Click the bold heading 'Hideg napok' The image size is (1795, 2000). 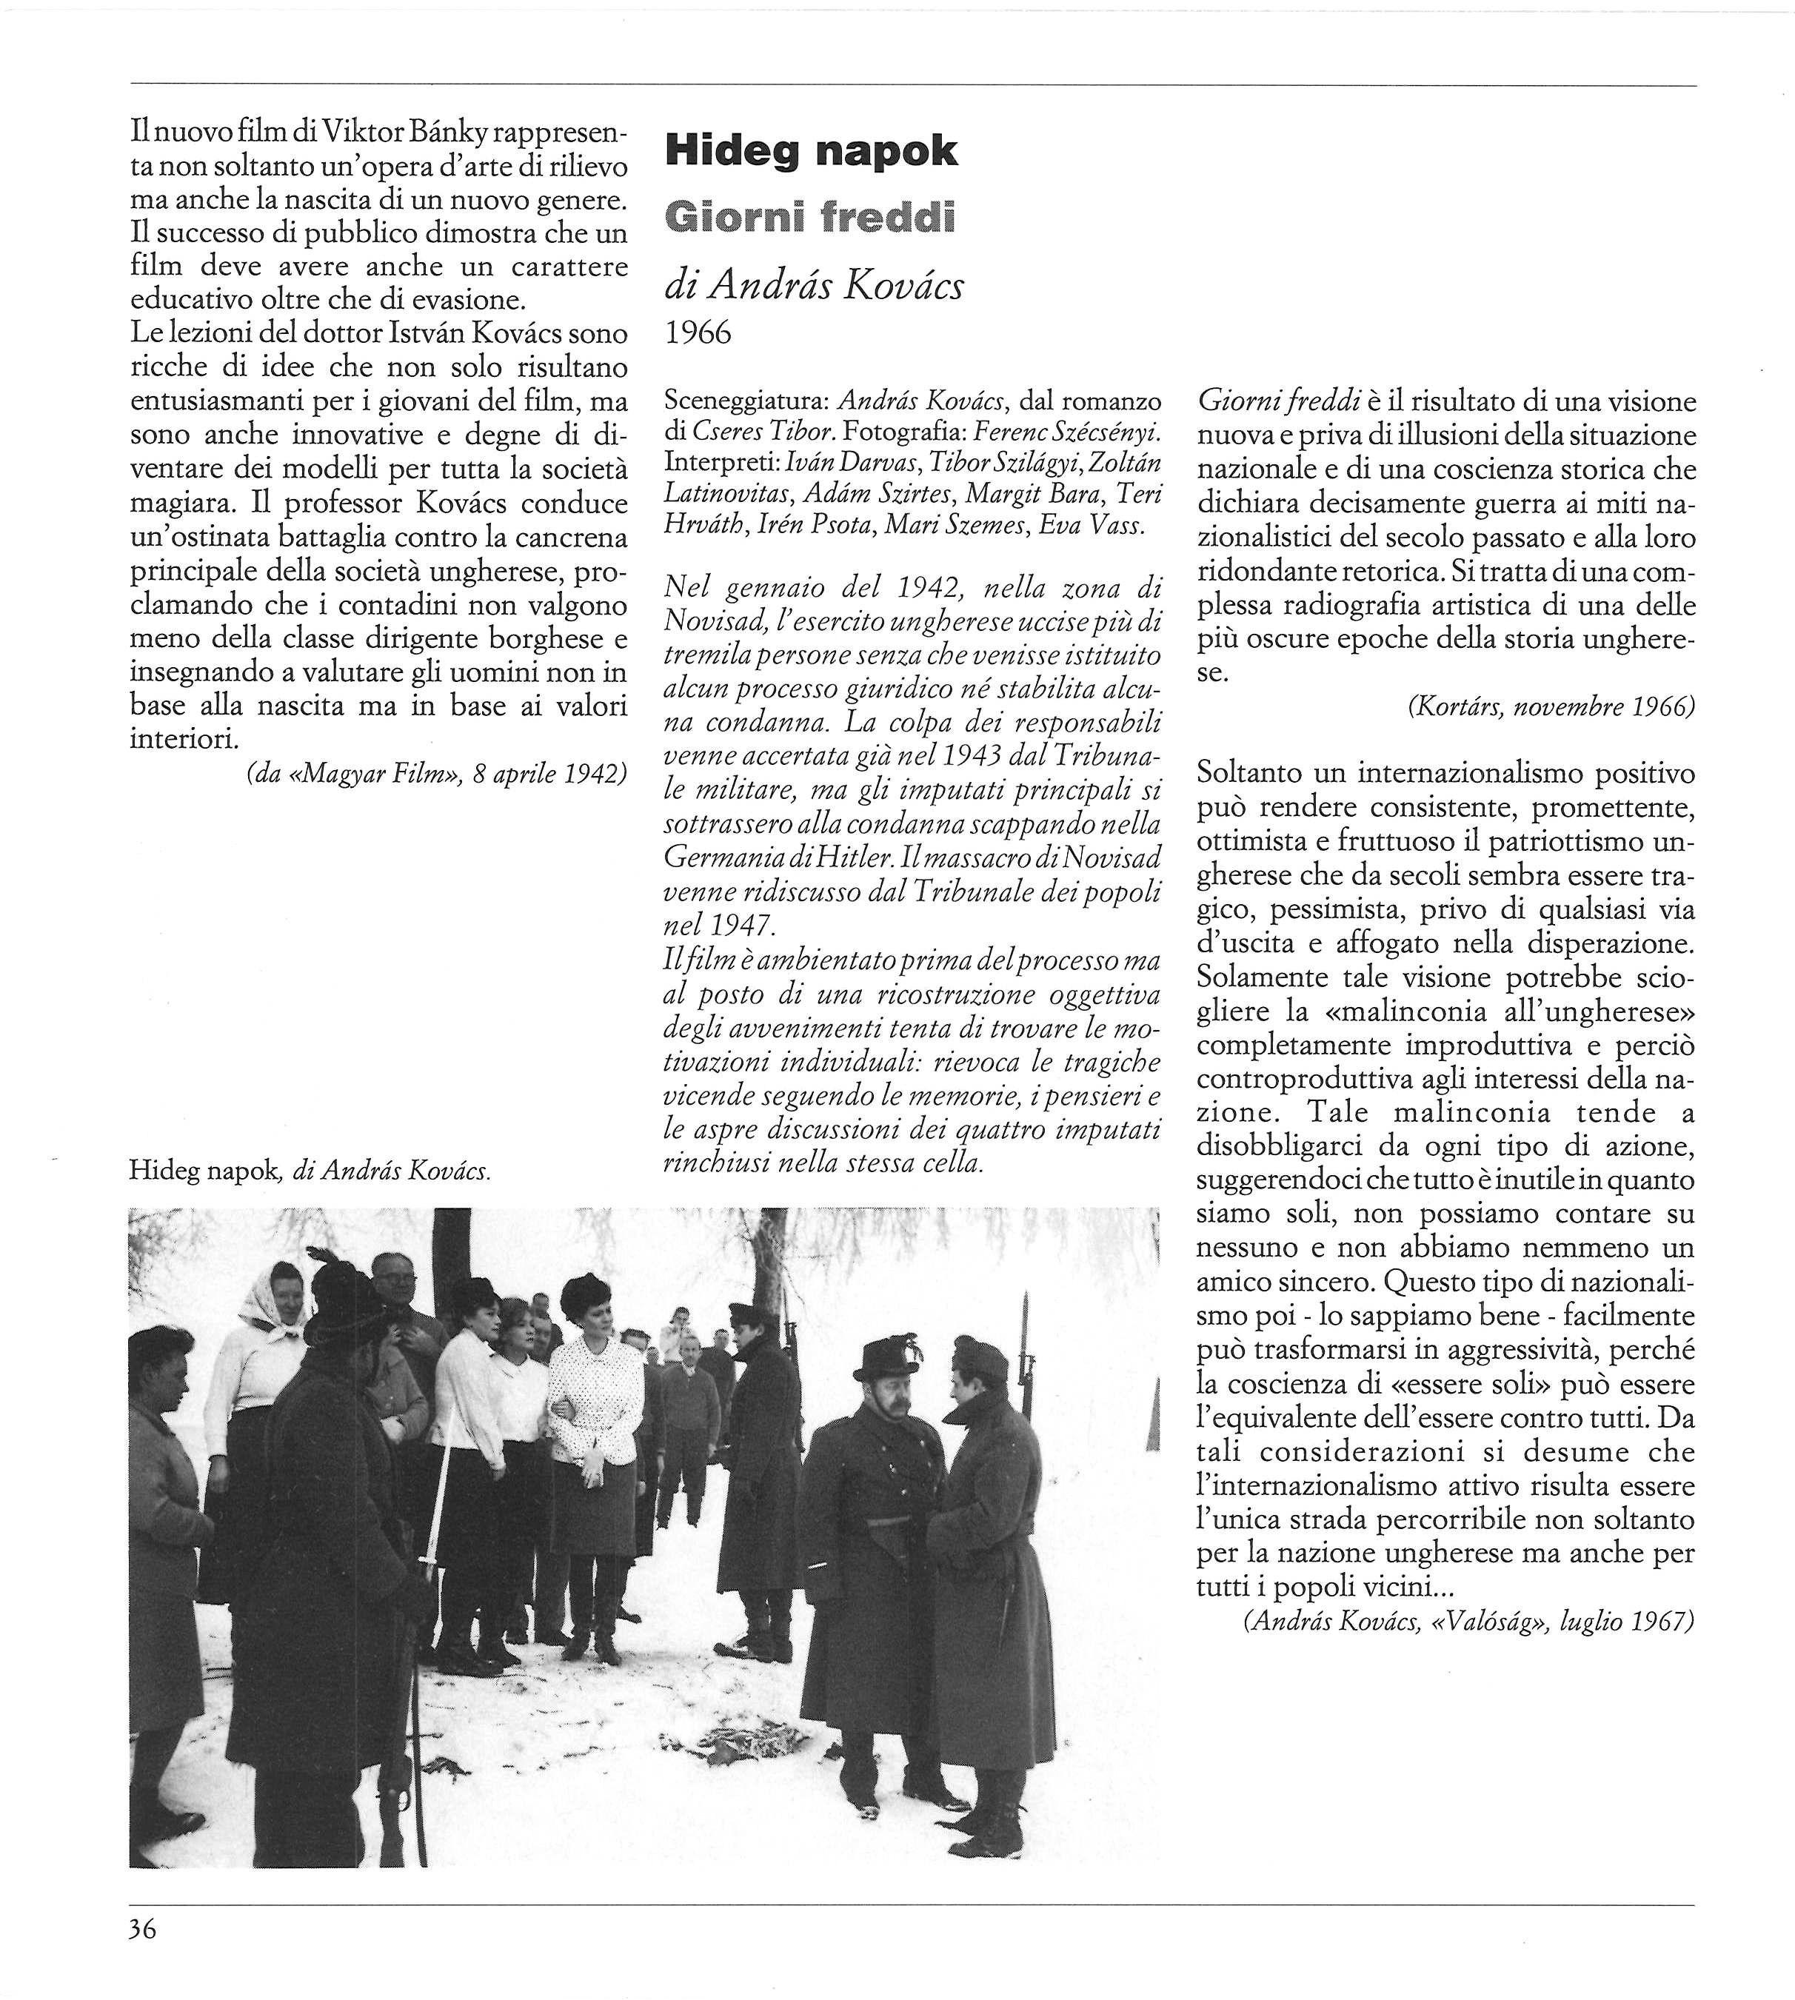click(x=811, y=151)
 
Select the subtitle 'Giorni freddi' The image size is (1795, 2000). click(x=811, y=217)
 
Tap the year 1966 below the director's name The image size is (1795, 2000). click(x=698, y=333)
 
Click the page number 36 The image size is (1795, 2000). click(x=143, y=1929)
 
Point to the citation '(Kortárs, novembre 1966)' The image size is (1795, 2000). click(x=1551, y=706)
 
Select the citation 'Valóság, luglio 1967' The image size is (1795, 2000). click(x=1468, y=1622)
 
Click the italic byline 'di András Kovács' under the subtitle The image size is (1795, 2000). click(x=815, y=286)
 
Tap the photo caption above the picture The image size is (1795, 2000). click(x=310, y=1171)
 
